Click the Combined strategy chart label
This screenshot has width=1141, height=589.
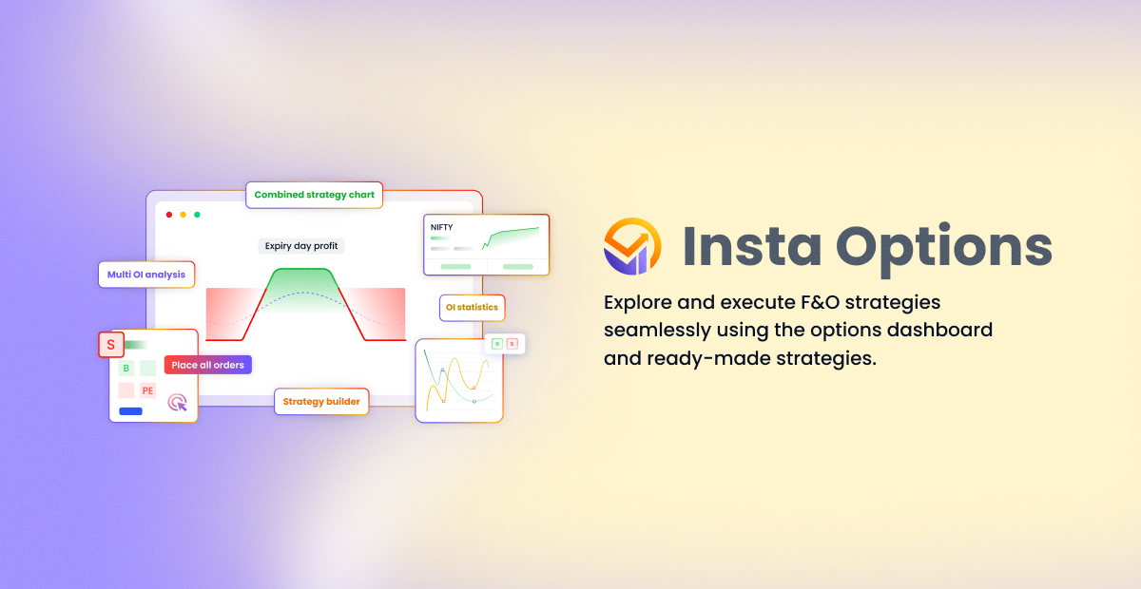pos(315,195)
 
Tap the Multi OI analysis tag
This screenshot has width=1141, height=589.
pos(146,275)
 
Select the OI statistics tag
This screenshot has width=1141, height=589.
pos(472,308)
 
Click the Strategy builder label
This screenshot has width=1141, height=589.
pos(321,402)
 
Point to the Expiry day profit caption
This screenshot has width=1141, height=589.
pos(301,246)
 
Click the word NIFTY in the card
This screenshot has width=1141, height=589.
pos(441,227)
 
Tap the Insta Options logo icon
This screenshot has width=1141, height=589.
pos(632,246)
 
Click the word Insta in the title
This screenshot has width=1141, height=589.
pos(752,246)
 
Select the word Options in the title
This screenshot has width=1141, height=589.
pos(944,250)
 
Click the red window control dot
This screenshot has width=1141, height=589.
pos(169,215)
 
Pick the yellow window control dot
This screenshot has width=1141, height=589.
pos(184,215)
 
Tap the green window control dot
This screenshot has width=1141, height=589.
pos(197,215)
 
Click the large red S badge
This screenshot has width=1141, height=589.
pos(111,345)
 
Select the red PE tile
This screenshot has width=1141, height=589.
pos(147,390)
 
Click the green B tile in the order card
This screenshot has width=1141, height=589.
pos(126,368)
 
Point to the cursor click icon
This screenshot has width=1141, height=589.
pos(177,402)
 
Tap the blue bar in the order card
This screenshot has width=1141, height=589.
pos(130,411)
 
